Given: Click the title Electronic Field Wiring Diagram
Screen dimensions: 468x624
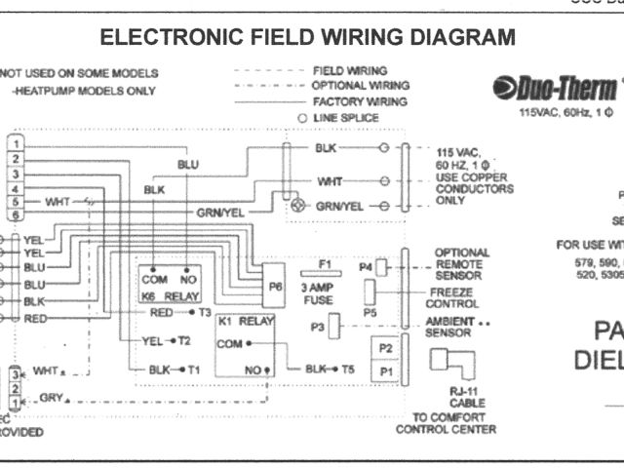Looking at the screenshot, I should pos(307,38).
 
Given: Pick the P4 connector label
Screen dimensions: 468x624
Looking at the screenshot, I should pos(366,265).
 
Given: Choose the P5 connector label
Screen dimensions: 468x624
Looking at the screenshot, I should pos(370,312).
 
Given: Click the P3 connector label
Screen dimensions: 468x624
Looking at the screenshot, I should pos(318,328).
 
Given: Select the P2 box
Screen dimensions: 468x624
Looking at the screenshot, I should pos(385,348).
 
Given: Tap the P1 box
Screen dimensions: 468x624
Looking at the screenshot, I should pos(385,371).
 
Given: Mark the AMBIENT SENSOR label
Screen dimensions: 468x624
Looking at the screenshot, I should pos(449,327).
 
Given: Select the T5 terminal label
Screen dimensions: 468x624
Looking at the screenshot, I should pos(347,370).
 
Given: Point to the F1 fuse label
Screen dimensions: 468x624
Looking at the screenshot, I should pos(325,263).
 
